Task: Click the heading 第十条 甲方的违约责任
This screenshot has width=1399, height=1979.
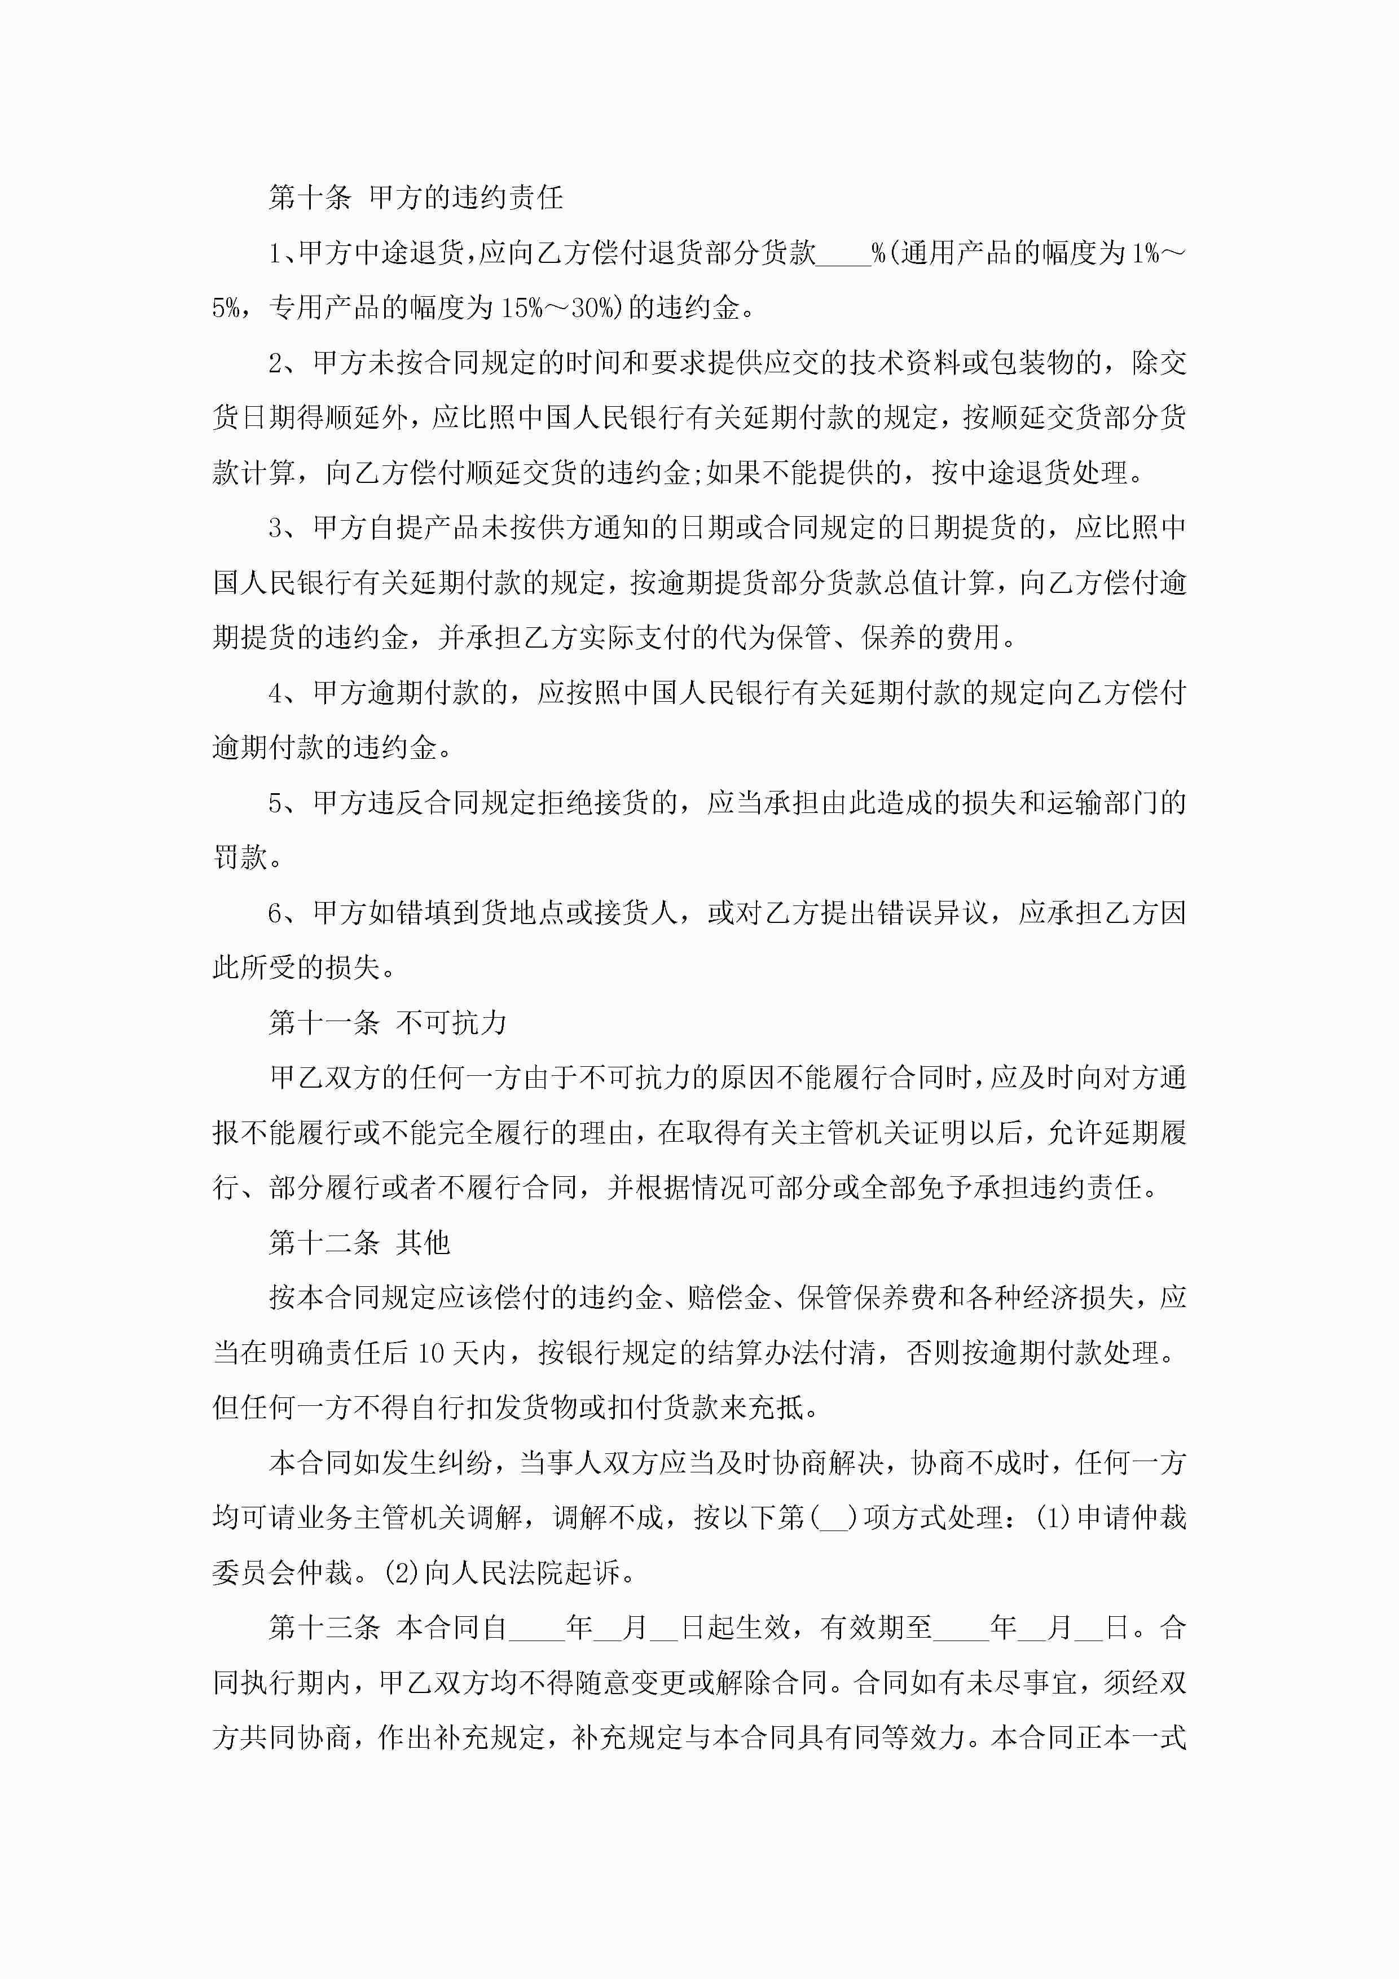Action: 416,197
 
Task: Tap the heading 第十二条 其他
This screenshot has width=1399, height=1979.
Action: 359,1242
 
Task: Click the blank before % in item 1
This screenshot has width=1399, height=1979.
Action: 843,253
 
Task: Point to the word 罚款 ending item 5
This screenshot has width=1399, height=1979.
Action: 240,857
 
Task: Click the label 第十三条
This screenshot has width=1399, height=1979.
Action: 324,1628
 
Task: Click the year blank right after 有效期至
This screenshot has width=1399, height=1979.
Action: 961,1628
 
